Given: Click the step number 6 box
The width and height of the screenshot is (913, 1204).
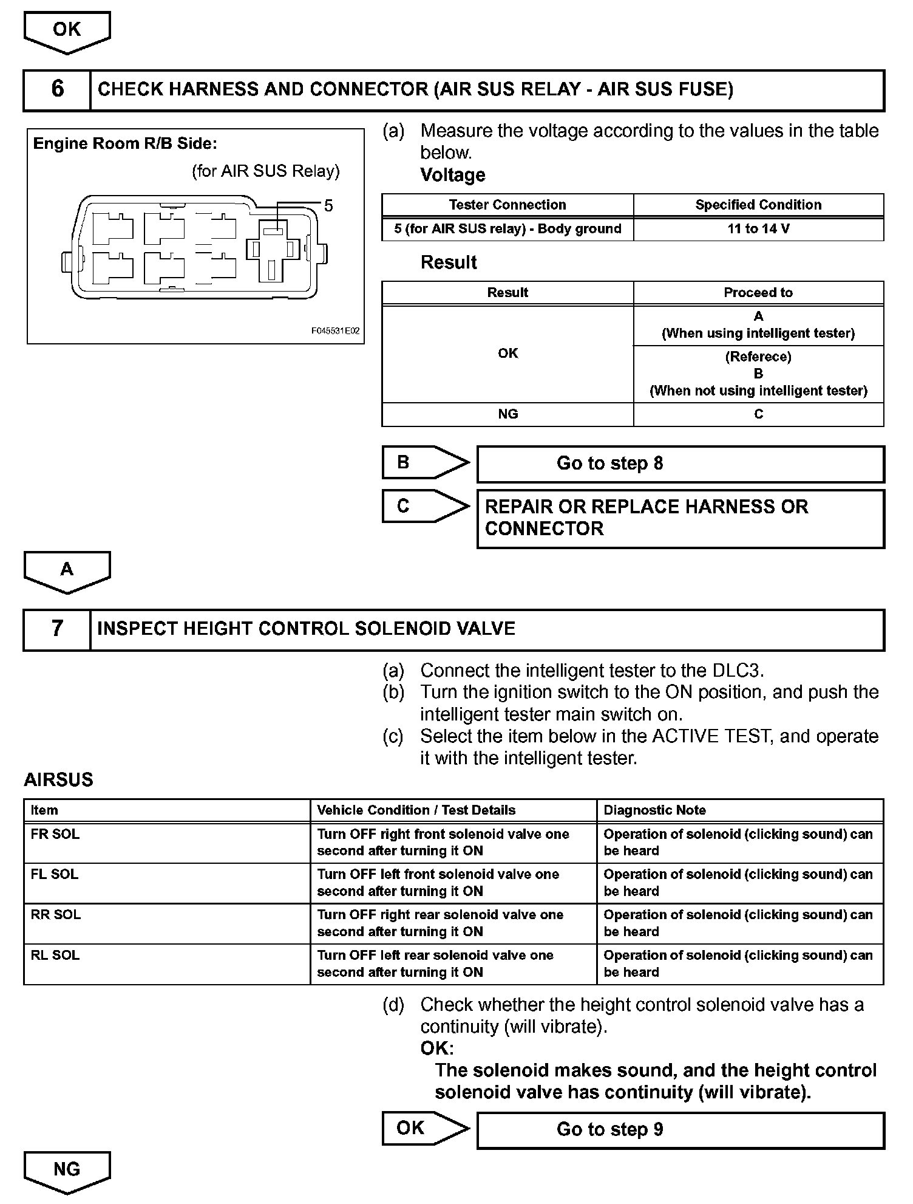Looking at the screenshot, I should [x=57, y=89].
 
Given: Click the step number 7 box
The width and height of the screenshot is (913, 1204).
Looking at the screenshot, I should [x=57, y=629].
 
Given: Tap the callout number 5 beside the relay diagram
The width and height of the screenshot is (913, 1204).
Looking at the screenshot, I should [x=328, y=205].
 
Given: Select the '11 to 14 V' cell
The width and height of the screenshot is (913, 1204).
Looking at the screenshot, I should [x=758, y=229].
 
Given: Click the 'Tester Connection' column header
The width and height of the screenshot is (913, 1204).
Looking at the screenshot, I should [x=507, y=205].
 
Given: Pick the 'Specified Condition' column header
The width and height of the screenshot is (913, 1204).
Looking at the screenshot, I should [x=758, y=205].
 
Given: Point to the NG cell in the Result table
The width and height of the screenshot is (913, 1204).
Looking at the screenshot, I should [x=507, y=414].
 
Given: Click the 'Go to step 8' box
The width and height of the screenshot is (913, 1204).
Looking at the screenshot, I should [x=680, y=464].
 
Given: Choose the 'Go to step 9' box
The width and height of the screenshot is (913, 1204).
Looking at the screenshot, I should [x=680, y=1130].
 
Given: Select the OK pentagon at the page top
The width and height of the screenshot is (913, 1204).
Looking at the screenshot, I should [x=67, y=30].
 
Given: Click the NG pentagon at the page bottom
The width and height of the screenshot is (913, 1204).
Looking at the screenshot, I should [x=67, y=1170].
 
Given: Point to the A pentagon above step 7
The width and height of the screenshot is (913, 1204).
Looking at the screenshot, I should [x=67, y=570].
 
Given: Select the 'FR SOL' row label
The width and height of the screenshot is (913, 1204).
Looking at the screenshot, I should [x=55, y=835].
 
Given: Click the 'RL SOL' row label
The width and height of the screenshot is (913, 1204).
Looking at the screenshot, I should [x=55, y=956].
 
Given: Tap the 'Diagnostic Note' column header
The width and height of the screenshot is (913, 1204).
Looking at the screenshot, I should [x=654, y=810].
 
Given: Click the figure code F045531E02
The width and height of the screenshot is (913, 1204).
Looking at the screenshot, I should [x=335, y=331].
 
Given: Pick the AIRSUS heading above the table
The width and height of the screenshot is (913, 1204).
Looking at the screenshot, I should [x=59, y=780].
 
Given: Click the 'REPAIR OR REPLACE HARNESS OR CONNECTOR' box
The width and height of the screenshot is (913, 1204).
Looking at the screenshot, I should [x=680, y=518].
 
